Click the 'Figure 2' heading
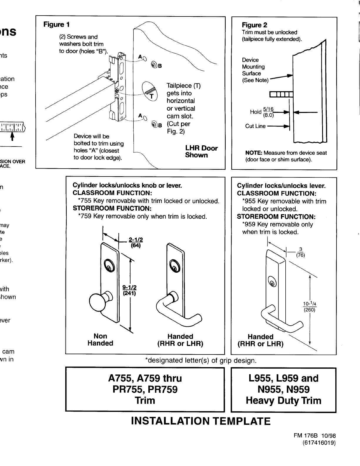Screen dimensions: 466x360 pos(254,25)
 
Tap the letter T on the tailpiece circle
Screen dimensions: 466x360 pos(152,96)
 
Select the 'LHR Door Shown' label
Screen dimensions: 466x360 pos(201,152)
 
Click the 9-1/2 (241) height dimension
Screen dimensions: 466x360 pos(129,290)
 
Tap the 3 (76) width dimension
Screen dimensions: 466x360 pos(300,252)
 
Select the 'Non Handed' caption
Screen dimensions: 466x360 pos(100,339)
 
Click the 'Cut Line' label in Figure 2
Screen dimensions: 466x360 pos(255,126)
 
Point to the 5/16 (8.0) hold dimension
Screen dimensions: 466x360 pos(268,112)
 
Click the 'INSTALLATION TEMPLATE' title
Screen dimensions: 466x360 pos(200,421)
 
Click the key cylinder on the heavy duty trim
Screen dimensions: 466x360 pos(273,283)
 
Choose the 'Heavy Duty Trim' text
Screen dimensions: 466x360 pos(283,400)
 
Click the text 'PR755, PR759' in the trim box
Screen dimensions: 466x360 pos(145,390)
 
